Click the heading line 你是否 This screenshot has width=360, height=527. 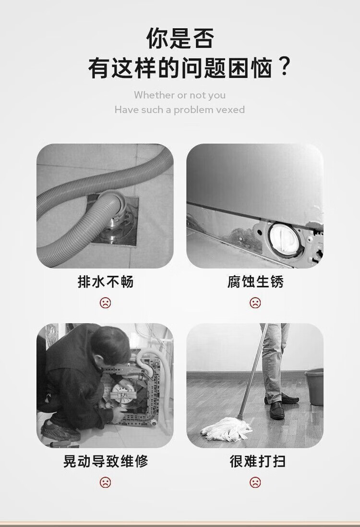(180, 38)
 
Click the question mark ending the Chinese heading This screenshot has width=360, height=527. (284, 67)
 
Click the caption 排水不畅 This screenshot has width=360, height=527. (106, 282)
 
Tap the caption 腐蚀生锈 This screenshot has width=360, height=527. (255, 282)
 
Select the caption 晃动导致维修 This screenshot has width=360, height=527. (106, 461)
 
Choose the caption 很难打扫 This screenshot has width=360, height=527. (258, 461)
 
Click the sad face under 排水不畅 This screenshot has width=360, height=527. (105, 303)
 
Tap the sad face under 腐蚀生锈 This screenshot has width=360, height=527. (255, 303)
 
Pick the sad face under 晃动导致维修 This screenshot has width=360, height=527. (105, 483)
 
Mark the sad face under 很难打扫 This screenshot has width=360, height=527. (255, 483)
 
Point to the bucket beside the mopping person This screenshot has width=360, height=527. (314, 387)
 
